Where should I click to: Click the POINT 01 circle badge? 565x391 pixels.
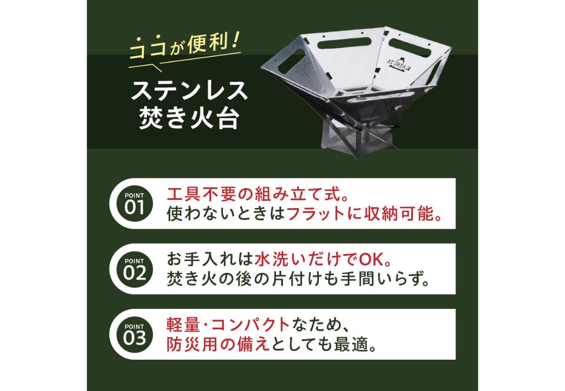pos(134,203)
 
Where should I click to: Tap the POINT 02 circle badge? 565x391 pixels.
pos(134,269)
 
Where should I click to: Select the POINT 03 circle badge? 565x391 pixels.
pos(134,334)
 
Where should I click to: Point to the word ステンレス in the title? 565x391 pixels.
pos(189,90)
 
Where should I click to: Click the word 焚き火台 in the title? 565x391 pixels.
pos(189,118)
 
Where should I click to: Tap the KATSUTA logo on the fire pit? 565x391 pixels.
pos(403,65)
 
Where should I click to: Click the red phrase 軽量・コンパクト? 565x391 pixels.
pos(228,325)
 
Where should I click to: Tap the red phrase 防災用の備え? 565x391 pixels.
pos(218,344)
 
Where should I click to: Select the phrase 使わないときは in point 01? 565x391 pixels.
pos(225,214)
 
